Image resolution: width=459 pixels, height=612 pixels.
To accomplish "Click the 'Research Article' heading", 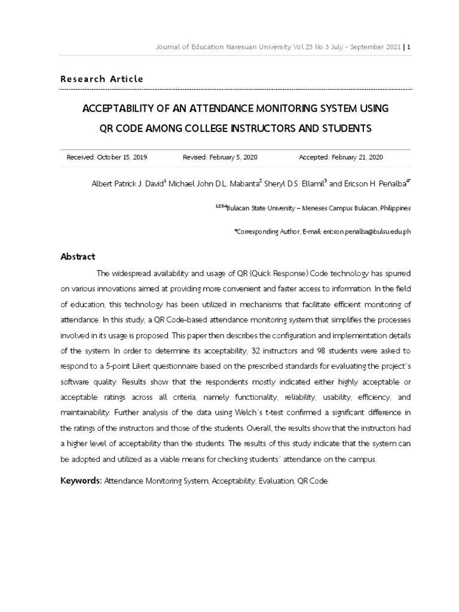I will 102,79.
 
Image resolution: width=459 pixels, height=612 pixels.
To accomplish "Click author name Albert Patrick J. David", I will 128,184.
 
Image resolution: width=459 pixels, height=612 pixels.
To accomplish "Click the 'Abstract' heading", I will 78,257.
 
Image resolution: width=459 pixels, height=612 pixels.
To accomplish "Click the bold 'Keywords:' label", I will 81,481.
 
